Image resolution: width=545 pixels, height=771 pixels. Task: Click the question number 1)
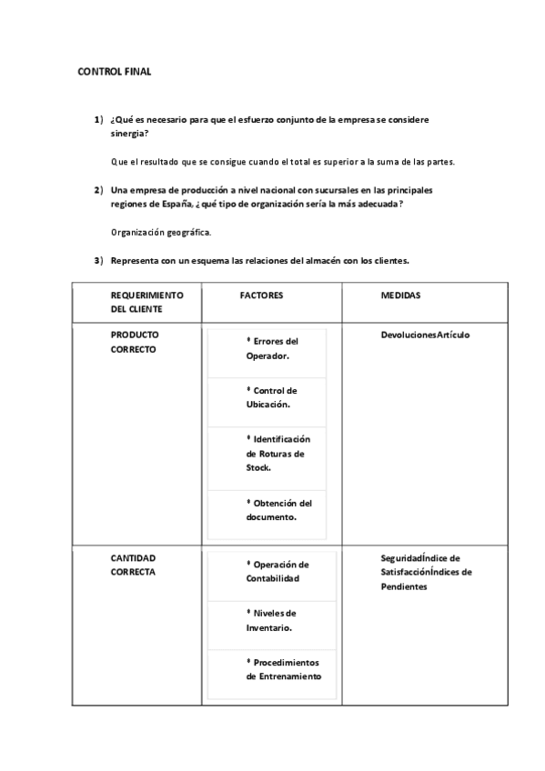tap(98, 120)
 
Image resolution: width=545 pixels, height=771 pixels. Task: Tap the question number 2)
tap(98, 190)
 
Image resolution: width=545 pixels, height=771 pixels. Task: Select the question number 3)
tap(98, 261)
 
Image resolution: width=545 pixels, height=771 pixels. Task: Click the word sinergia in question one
tap(128, 134)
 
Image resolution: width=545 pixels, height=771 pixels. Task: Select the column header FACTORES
tap(261, 295)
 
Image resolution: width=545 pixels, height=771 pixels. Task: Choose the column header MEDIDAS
tap(400, 295)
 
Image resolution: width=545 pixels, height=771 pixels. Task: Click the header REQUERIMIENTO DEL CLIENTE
tap(147, 302)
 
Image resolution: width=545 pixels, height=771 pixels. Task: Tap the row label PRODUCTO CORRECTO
tap(135, 342)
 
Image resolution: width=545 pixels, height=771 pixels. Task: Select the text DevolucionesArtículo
tap(425, 335)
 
